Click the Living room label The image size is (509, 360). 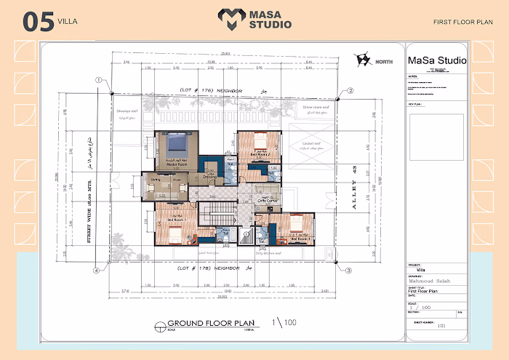tap(156, 179)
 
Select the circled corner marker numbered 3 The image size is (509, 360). tap(348, 271)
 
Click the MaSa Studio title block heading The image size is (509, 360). tap(436, 60)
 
